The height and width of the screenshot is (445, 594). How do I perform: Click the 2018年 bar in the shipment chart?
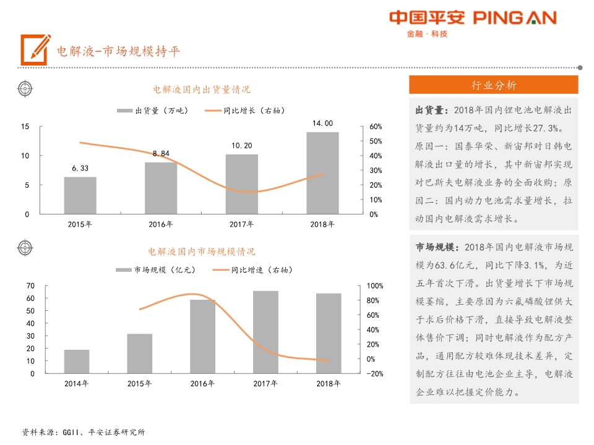tap(322, 173)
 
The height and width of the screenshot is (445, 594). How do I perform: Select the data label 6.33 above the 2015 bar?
tap(80, 168)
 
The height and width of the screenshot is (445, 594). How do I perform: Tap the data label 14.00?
tap(322, 124)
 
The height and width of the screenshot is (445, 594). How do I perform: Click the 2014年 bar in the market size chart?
tap(77, 362)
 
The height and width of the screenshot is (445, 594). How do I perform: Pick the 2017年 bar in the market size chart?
tap(265, 332)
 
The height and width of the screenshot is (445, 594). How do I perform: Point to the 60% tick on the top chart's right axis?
tap(376, 126)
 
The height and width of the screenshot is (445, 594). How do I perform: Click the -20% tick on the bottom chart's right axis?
tap(376, 374)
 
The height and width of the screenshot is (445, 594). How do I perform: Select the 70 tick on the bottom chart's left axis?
tap(31, 286)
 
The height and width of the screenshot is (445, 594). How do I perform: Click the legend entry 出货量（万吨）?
tap(152, 111)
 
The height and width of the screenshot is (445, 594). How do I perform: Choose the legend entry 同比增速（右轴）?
tap(252, 270)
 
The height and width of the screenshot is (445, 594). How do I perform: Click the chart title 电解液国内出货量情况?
tap(202, 90)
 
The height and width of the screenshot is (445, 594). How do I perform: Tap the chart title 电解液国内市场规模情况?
tap(202, 252)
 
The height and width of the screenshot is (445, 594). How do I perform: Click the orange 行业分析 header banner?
tap(493, 85)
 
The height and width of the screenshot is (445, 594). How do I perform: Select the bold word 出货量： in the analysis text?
tap(432, 111)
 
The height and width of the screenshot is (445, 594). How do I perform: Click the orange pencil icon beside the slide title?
tap(35, 49)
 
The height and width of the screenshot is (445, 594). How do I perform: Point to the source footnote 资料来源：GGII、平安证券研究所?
tap(84, 432)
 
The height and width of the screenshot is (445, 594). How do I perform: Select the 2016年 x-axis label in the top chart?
tap(160, 224)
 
